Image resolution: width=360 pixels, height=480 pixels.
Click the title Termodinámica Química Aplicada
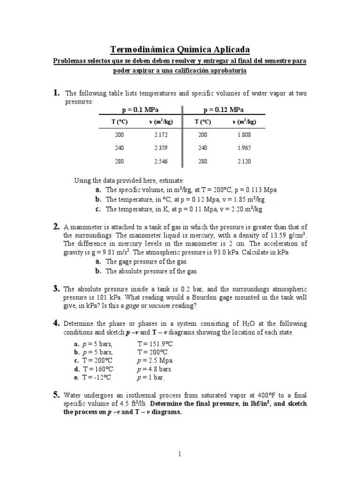[180, 50]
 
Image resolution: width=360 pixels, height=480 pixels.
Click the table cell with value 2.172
[161, 135]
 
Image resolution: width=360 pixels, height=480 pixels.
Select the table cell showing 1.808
[245, 135]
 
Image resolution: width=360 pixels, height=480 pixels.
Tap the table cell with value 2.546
[161, 161]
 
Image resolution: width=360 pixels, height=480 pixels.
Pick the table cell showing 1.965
[245, 148]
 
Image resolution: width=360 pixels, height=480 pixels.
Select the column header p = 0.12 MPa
[223, 110]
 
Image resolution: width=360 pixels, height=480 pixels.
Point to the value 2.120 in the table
[245, 161]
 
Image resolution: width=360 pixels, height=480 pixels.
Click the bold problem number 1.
[56, 93]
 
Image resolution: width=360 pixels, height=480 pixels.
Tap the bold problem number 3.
[56, 288]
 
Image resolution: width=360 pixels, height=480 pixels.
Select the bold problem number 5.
[56, 394]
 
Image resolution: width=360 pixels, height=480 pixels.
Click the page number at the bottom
[180, 454]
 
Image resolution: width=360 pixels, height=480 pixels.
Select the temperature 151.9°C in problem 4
[153, 344]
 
